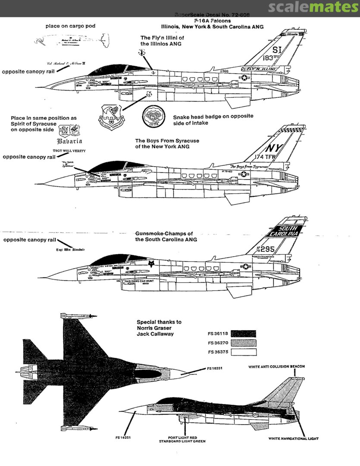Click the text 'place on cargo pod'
pos(70,26)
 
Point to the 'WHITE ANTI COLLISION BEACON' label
pos(277,367)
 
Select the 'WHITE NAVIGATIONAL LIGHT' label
pos(293,438)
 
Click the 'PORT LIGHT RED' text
pos(181,437)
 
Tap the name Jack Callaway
pos(156,334)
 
